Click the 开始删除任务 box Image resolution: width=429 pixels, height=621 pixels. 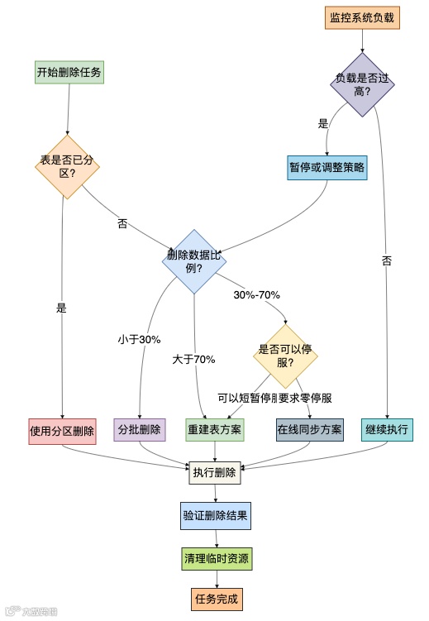click(69, 73)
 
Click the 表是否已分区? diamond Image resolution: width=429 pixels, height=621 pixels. click(67, 167)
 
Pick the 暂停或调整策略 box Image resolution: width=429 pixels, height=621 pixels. click(327, 167)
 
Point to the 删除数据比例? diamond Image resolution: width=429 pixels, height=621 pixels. click(194, 261)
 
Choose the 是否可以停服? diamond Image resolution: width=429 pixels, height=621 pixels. click(285, 356)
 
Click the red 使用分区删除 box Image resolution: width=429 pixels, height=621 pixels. click(62, 430)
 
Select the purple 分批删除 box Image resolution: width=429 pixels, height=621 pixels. click(140, 430)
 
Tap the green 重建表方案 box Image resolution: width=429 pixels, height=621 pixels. click(215, 430)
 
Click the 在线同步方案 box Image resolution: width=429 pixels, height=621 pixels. click(309, 430)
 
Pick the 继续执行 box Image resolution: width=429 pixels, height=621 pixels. click(387, 430)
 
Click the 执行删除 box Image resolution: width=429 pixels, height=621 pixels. click(215, 474)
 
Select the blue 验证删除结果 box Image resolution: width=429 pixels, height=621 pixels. click(215, 515)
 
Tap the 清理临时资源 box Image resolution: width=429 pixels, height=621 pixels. click(215, 558)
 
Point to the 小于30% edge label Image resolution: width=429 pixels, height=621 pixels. click(139, 339)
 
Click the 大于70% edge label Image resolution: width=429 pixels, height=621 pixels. click(194, 359)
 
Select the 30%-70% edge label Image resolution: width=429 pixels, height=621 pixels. click(257, 294)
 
